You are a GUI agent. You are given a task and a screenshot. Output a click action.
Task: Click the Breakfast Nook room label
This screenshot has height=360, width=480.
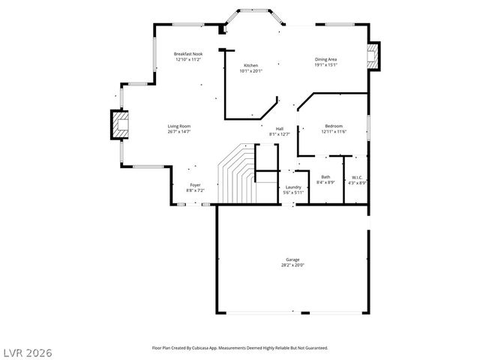tap(188, 54)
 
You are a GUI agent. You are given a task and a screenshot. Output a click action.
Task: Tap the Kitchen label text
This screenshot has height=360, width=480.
tap(251, 66)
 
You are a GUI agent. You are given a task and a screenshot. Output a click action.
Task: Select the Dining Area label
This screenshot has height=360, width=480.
tap(325, 59)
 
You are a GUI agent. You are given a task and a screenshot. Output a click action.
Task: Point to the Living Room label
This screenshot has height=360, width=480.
tap(178, 126)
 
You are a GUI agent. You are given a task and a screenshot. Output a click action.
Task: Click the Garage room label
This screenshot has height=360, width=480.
tap(292, 259)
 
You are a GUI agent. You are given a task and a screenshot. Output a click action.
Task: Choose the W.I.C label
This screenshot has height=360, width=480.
tap(358, 177)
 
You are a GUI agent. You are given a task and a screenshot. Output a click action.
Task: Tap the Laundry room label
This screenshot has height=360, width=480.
tap(293, 187)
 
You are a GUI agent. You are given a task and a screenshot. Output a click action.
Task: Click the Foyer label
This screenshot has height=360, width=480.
tap(195, 184)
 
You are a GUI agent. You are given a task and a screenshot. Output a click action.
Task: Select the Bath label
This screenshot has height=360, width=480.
tap(325, 177)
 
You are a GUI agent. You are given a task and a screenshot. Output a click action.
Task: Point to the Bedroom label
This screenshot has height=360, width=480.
tap(334, 126)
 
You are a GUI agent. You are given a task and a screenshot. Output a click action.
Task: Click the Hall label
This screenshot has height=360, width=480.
tap(279, 128)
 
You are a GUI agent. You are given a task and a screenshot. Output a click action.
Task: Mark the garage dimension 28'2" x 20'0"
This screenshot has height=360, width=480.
tap(292, 265)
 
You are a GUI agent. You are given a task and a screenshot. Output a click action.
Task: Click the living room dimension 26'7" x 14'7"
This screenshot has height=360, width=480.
tap(178, 132)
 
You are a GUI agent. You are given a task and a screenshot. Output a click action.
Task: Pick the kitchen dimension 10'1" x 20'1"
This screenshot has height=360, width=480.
tap(251, 72)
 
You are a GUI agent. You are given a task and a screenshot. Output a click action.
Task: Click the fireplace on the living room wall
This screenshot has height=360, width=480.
tap(119, 125)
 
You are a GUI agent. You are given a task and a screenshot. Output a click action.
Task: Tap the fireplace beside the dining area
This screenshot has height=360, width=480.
tap(373, 55)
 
